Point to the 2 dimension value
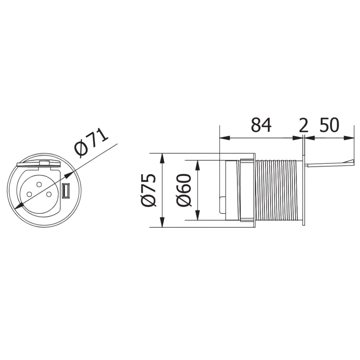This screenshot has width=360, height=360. click(x=304, y=126)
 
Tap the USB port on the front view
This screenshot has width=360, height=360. click(x=65, y=191)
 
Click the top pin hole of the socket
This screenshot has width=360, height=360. click(x=39, y=184)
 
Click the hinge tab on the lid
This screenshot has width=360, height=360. click(x=44, y=163)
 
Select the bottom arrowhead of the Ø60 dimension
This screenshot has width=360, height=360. click(x=198, y=216)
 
